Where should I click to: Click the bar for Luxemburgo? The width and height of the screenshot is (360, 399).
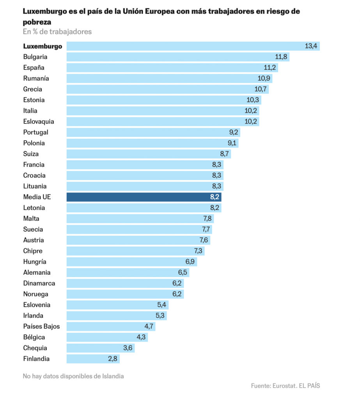[193, 46]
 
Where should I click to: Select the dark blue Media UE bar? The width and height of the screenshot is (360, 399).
[144, 197]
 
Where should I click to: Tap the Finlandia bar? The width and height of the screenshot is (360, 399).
[93, 359]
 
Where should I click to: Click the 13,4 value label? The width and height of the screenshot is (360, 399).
[311, 46]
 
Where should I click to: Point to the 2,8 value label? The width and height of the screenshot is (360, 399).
[112, 359]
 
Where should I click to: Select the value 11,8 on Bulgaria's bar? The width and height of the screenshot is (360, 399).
[281, 57]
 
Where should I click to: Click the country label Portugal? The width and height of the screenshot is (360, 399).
[35, 132]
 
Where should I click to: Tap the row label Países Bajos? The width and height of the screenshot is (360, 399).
[41, 327]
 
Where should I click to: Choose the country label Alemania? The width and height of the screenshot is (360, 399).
[37, 273]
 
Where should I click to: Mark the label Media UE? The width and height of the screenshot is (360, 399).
[37, 197]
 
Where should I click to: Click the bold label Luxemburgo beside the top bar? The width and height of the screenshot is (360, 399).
[43, 46]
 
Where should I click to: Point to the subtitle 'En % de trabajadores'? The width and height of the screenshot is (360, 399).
[57, 32]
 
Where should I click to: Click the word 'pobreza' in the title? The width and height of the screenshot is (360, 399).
[37, 22]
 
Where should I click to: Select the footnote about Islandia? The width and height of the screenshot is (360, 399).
[73, 376]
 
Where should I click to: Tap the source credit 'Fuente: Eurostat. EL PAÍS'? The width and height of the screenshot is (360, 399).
[286, 386]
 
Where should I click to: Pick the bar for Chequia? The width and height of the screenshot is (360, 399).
[100, 348]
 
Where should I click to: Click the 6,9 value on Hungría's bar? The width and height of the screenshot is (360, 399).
[190, 262]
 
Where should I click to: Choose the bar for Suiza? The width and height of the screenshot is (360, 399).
[149, 154]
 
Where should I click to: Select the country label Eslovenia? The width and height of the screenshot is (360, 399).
[37, 305]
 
